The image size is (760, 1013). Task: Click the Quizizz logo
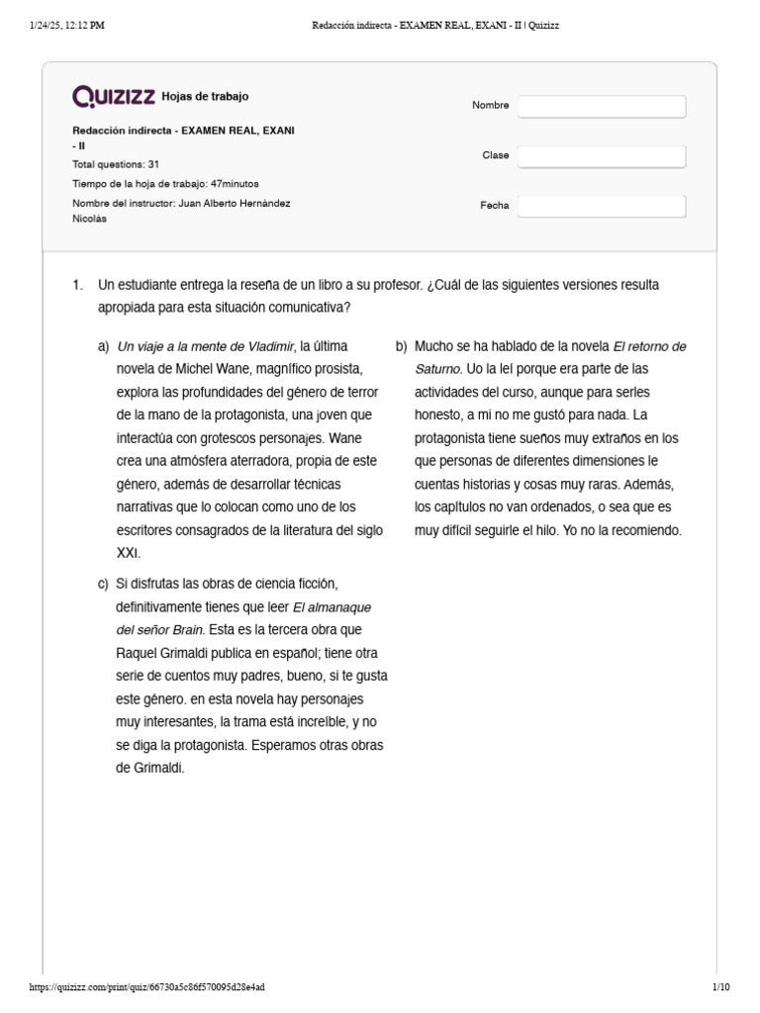[x=114, y=96]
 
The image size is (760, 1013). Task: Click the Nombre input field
[x=602, y=106]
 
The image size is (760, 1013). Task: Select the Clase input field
[x=602, y=156]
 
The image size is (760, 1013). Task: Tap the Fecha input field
[x=602, y=206]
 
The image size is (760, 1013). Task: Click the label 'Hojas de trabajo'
[x=205, y=97]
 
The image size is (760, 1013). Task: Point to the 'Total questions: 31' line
[x=116, y=164]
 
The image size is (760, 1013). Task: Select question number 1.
[x=78, y=285]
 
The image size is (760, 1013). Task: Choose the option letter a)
[x=103, y=346]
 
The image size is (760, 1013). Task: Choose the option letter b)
[x=401, y=346]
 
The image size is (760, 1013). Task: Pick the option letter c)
[x=103, y=584]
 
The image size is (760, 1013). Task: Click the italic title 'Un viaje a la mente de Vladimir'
[x=206, y=346]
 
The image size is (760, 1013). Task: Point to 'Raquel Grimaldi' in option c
[x=164, y=653]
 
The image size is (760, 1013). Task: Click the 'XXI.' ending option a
[x=129, y=552]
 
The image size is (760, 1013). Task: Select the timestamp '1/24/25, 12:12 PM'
[x=61, y=25]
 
